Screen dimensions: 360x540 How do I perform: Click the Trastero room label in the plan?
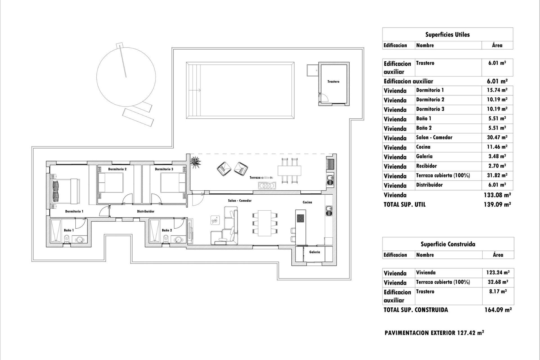pyautogui.click(x=333, y=82)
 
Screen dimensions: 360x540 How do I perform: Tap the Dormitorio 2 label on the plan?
pyautogui.click(x=117, y=169)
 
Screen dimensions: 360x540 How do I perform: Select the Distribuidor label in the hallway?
pyautogui.click(x=145, y=211)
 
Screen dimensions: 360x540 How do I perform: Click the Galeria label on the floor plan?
pyautogui.click(x=314, y=252)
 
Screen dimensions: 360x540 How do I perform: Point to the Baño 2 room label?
pyautogui.click(x=167, y=230)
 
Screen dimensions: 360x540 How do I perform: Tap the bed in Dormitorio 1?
pyautogui.click(x=66, y=190)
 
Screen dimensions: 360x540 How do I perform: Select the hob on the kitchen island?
pyautogui.click(x=300, y=218)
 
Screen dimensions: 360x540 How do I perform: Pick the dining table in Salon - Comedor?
pyautogui.click(x=264, y=223)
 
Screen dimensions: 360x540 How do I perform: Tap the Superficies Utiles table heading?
pyautogui.click(x=447, y=35)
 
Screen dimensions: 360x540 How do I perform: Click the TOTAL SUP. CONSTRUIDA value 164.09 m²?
pyautogui.click(x=498, y=310)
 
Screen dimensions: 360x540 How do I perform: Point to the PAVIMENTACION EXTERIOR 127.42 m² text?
pyautogui.click(x=434, y=333)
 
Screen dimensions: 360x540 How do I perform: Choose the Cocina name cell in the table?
pyautogui.click(x=423, y=147)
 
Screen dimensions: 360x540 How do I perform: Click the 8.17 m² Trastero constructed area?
pyautogui.click(x=498, y=291)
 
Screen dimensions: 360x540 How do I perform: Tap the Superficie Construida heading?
pyautogui.click(x=448, y=244)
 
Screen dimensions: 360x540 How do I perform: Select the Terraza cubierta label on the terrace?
pyautogui.click(x=261, y=177)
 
